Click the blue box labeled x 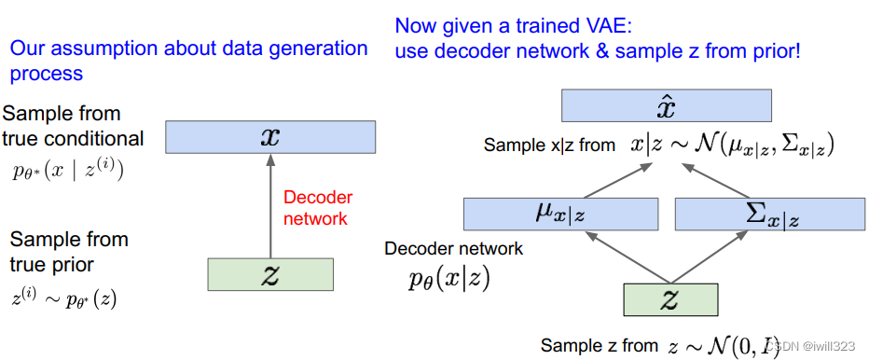click(269, 136)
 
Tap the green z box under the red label click(270, 274)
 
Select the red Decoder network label click(318, 208)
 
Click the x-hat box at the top click(666, 106)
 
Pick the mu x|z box click(561, 214)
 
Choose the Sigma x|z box click(770, 214)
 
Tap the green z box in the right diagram click(671, 299)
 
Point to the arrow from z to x click(270, 206)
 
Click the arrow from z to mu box click(628, 256)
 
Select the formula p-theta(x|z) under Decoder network click(448, 281)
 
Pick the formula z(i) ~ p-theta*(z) click(63, 298)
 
